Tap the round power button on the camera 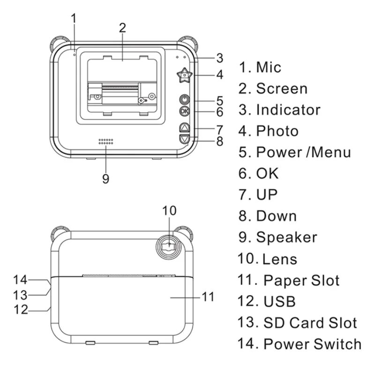(x=185, y=100)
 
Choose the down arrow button (x=185, y=139)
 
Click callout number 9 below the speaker (x=106, y=178)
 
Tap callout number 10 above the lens (x=169, y=211)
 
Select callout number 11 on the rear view (x=208, y=296)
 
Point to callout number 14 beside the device (x=20, y=280)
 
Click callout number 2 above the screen (x=122, y=27)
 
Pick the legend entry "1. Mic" (x=260, y=67)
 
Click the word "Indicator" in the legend (x=288, y=110)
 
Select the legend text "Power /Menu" (x=303, y=152)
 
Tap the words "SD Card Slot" (x=310, y=322)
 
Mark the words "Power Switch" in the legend (x=312, y=344)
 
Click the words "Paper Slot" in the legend (x=301, y=280)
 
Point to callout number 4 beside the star (x=219, y=74)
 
